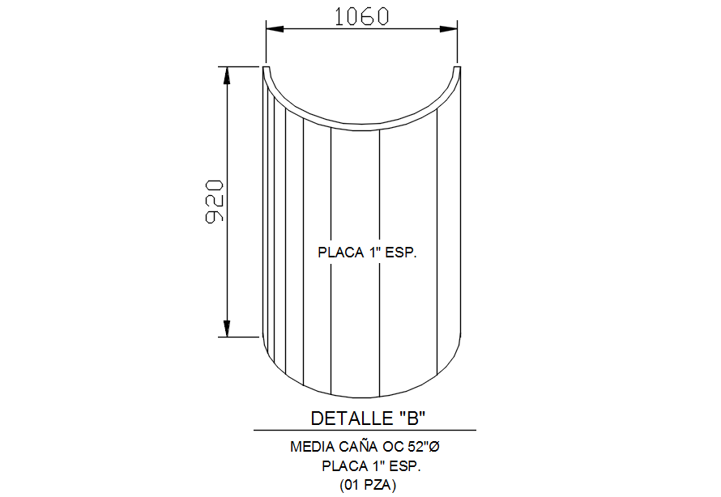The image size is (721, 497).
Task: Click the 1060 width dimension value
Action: tap(362, 16)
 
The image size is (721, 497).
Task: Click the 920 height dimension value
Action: tap(214, 202)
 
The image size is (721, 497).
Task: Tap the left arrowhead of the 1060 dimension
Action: tap(275, 30)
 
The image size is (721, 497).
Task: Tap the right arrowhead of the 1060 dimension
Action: tap(449, 30)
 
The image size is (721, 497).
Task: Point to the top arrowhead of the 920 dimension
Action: tap(228, 74)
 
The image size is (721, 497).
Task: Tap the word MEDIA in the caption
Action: tap(310, 446)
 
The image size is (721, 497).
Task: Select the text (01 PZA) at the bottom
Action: tap(368, 485)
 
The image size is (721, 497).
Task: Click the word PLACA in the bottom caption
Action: tap(345, 465)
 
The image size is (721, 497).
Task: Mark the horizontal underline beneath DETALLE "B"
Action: tap(365, 430)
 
